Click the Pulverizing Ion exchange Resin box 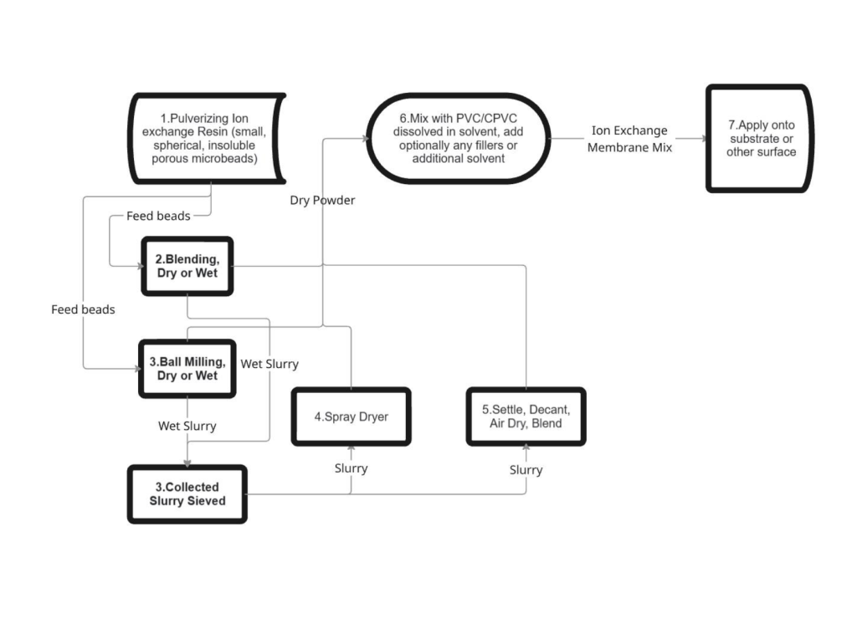point(207,138)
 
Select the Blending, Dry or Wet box point(187,266)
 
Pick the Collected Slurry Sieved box point(187,493)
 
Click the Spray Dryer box point(351,416)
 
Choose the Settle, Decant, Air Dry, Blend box point(526,416)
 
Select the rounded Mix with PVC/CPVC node point(458,139)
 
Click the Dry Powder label point(322,200)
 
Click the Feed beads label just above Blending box point(158,216)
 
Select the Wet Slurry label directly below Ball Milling point(187,426)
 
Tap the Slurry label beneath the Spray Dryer point(351,468)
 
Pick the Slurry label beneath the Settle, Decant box point(526,470)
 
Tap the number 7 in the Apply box point(731,125)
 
